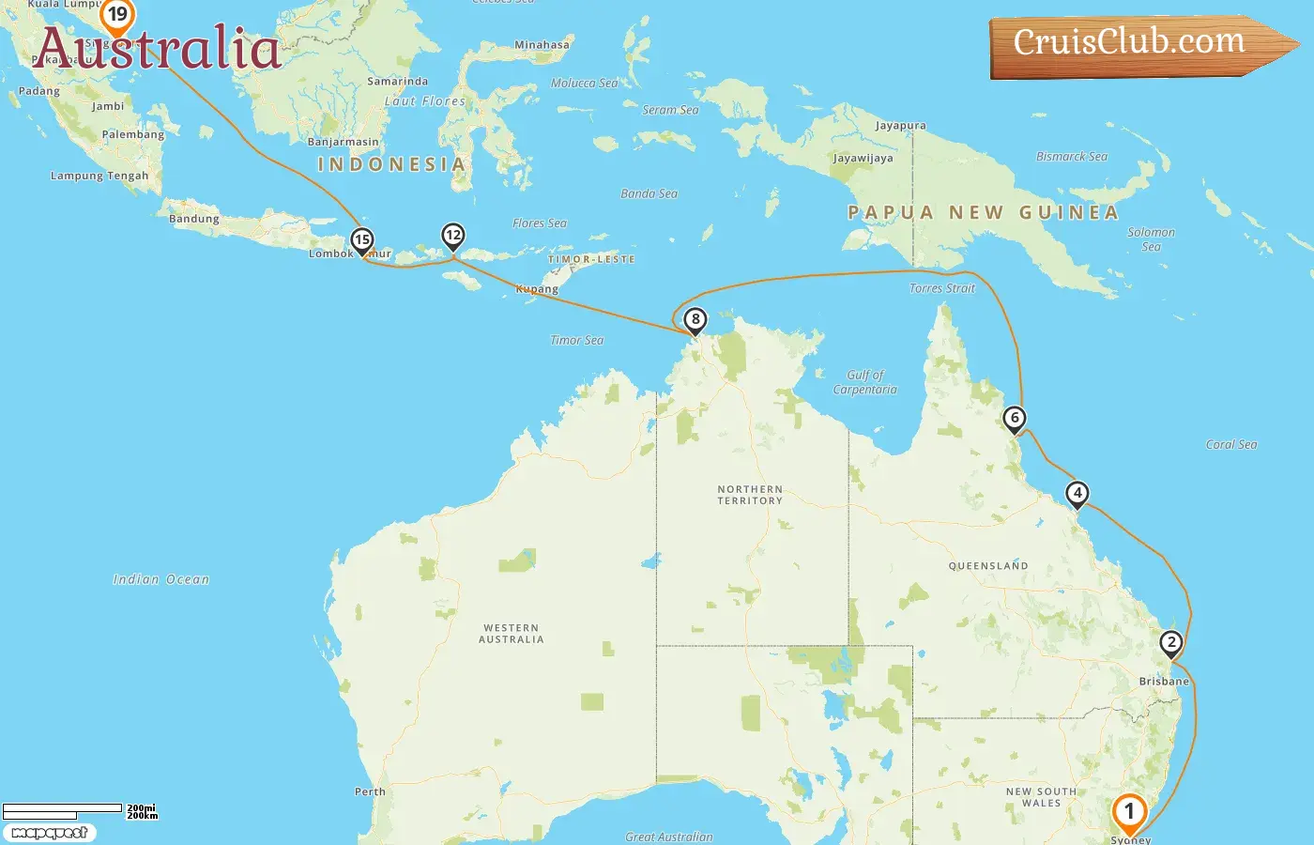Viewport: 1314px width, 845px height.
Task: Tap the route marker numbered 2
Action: (1170, 643)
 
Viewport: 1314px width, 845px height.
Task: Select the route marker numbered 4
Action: (1077, 493)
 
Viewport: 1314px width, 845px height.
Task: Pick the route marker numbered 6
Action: (1015, 418)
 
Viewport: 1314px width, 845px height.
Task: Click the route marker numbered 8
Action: (695, 320)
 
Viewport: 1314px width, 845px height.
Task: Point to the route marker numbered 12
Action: (453, 235)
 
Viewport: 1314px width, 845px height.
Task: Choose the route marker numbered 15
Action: (362, 240)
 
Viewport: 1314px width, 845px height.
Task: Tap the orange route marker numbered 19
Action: (117, 15)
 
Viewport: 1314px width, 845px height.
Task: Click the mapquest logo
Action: (49, 833)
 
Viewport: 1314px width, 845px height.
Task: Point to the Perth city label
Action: (370, 791)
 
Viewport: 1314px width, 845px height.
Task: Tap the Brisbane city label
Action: (1164, 682)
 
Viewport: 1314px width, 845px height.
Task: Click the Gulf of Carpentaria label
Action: (865, 382)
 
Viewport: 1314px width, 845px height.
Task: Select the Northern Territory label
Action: (750, 495)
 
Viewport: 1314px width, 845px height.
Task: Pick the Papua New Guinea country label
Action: (983, 213)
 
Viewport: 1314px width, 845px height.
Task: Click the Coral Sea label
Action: (1231, 445)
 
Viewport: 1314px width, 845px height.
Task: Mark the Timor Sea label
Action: (576, 341)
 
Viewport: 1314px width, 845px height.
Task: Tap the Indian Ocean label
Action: (161, 580)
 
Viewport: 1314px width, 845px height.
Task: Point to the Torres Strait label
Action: (942, 288)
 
